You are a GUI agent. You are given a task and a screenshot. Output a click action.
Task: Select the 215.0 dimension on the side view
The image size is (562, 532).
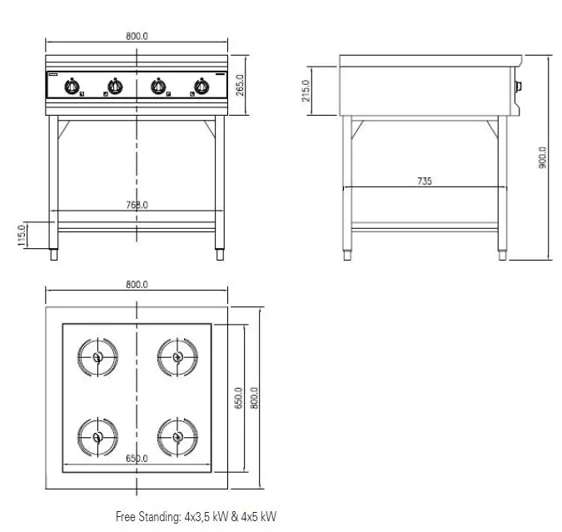click(306, 91)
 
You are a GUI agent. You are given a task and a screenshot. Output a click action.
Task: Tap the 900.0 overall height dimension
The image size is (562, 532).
click(542, 158)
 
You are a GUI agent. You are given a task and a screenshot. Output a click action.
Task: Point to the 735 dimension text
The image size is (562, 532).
click(425, 181)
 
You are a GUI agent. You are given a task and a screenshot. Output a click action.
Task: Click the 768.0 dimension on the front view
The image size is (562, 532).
click(137, 205)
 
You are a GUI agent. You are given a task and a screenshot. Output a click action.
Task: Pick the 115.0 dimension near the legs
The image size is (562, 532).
click(22, 235)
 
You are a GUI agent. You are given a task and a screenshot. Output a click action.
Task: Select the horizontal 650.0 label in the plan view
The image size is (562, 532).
click(137, 459)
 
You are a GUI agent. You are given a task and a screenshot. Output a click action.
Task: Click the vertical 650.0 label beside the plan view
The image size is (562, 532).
click(237, 398)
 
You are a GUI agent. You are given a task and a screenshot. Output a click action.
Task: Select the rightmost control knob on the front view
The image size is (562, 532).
click(201, 86)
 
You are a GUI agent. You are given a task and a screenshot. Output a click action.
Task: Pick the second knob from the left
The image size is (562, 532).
click(115, 86)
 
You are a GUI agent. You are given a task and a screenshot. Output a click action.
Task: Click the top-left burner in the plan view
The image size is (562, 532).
click(97, 357)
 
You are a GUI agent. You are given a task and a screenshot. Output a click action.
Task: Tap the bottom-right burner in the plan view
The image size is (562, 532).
click(177, 435)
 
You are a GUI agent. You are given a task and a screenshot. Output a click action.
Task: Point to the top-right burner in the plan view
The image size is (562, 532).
click(177, 357)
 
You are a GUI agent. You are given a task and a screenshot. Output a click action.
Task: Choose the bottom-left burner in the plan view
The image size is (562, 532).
click(97, 435)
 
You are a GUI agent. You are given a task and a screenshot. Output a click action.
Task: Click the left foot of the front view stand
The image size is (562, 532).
click(55, 253)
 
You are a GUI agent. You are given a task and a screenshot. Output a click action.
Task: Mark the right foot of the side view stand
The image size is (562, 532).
click(502, 253)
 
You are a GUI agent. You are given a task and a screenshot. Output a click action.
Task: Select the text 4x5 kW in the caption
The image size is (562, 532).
click(258, 517)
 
